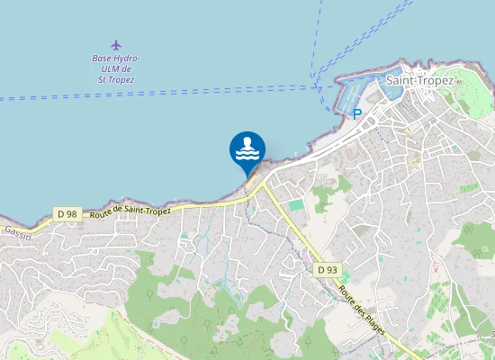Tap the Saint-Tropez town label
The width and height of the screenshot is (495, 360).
(418, 80)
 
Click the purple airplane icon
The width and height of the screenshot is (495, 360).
(116, 44)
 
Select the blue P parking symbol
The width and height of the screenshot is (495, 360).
(357, 114)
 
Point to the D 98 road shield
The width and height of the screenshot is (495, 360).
(67, 213)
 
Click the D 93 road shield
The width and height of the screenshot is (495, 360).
(327, 269)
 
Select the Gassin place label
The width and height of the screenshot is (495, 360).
(17, 230)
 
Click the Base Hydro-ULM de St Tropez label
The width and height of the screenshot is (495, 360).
(116, 68)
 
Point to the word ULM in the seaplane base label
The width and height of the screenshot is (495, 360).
(109, 69)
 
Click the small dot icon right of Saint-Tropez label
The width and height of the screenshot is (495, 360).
(458, 81)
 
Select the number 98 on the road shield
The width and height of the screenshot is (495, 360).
(71, 213)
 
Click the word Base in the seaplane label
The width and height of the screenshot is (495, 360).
(102, 58)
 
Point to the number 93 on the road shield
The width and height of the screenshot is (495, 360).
(331, 269)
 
